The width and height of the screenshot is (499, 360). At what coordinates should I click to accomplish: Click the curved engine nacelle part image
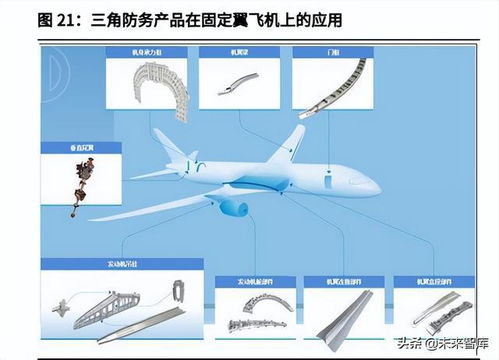250,315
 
